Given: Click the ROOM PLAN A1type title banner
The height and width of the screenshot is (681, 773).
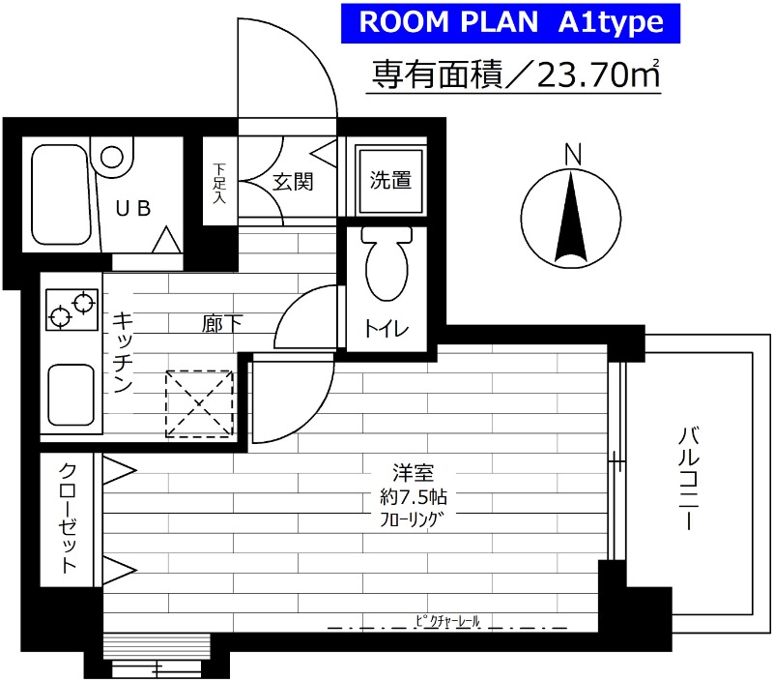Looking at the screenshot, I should point(511,23).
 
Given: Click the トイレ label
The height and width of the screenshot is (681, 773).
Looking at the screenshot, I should point(386,329).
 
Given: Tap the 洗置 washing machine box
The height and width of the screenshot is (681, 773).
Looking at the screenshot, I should point(390,181).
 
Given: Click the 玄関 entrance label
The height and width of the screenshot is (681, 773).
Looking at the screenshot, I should point(291,181).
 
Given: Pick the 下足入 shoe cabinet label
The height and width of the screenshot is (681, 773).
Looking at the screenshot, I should point(219,183).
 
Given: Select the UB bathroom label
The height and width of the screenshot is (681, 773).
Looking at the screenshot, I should point(134,208).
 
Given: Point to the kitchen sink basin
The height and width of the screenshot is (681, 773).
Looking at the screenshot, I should point(71,394).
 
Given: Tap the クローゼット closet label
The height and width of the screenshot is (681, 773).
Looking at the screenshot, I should point(69,518).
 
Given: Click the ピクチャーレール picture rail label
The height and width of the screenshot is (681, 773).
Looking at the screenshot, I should point(446,620).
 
